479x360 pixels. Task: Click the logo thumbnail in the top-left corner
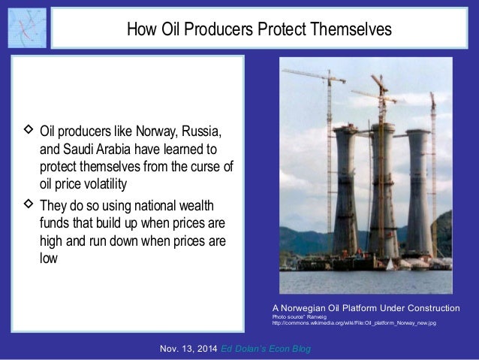pos(26,28)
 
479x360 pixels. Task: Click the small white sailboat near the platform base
pos(388,264)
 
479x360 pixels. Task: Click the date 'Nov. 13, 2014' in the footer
pos(190,350)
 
